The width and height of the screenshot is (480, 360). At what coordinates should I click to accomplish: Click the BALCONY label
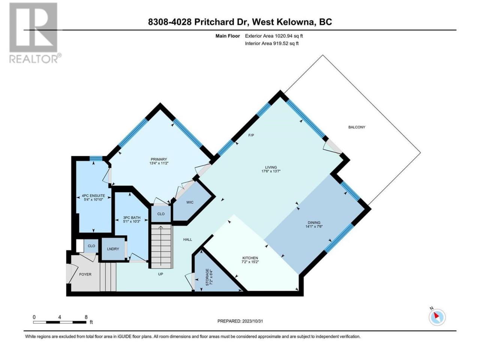(x=357, y=127)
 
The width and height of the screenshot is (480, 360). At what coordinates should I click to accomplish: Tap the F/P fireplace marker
(x=251, y=135)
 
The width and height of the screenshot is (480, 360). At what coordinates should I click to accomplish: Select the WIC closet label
(x=190, y=202)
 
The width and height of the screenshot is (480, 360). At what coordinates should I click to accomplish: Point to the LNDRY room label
(x=113, y=249)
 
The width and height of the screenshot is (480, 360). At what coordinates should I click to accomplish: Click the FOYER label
(x=85, y=274)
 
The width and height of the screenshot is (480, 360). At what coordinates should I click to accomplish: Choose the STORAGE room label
(x=207, y=277)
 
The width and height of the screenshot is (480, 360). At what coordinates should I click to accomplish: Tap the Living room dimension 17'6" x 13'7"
(x=271, y=171)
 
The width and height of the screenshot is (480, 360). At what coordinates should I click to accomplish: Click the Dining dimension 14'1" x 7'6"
(x=314, y=226)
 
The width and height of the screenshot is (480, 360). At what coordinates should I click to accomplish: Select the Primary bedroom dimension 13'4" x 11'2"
(x=159, y=163)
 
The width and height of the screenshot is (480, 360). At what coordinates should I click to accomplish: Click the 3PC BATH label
(x=132, y=218)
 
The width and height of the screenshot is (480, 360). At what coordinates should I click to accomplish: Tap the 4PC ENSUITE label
(x=93, y=196)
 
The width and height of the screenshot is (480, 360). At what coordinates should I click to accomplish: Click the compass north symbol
(x=437, y=317)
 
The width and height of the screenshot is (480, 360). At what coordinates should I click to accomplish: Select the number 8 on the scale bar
(x=86, y=317)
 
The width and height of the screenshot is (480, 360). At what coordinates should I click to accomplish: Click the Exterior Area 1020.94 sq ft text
(x=274, y=36)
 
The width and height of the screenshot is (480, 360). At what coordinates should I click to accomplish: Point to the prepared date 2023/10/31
(x=252, y=321)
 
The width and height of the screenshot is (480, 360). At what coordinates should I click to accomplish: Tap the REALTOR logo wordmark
(x=33, y=59)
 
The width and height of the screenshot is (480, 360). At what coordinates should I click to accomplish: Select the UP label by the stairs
(x=160, y=274)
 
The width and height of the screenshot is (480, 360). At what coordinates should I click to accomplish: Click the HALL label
(x=187, y=240)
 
